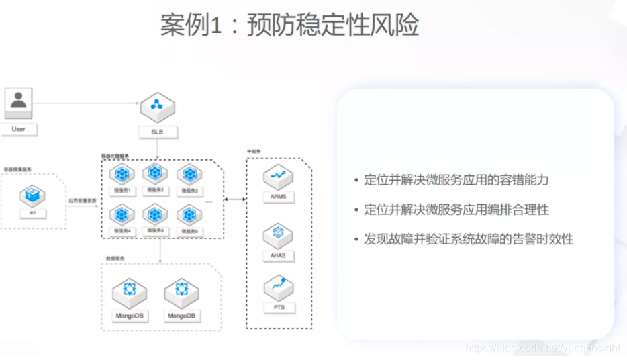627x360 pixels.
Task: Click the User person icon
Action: pos(18,103)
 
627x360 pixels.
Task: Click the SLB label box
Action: pos(157,132)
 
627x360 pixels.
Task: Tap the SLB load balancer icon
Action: pos(157,106)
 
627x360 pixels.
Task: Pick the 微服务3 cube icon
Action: pos(189,175)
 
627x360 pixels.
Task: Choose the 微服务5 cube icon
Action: pos(156,214)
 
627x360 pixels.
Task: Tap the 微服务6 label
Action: pos(189,232)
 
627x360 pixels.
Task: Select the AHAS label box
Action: pos(278,256)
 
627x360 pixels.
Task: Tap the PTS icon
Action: pos(278,287)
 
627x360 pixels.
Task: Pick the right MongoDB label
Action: pos(181,316)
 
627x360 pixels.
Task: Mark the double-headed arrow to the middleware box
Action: pos(234,199)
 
